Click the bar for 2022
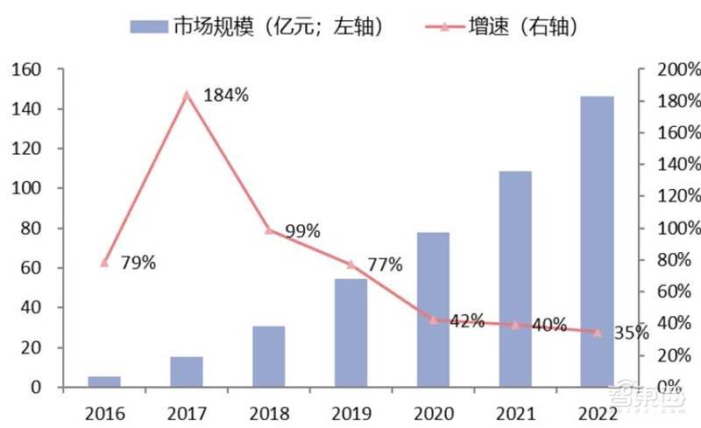(597, 241)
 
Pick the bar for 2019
(350, 333)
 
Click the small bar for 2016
(104, 382)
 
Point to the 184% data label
(226, 95)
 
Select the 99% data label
(301, 232)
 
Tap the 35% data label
(631, 333)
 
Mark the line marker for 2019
(350, 264)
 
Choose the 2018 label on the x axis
(268, 410)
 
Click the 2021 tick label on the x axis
(514, 410)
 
